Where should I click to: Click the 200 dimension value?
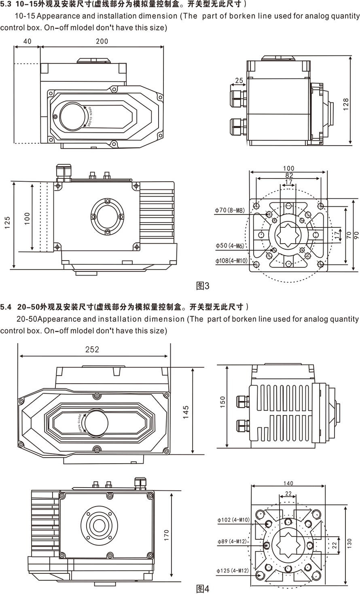click(102, 41)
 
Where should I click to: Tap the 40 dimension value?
click(27, 41)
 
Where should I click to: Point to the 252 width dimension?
click(92, 350)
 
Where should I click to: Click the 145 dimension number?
click(186, 412)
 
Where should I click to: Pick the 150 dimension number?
click(222, 402)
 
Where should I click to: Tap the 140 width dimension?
click(288, 483)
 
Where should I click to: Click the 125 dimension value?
click(8, 223)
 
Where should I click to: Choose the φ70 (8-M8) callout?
click(230, 210)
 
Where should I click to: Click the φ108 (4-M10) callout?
click(231, 261)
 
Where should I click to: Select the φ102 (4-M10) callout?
click(233, 520)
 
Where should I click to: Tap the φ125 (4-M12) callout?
click(233, 571)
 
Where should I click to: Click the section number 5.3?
click(6, 4)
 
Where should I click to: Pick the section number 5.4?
click(6, 307)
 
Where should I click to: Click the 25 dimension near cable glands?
click(239, 81)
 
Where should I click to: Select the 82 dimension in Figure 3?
click(289, 175)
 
